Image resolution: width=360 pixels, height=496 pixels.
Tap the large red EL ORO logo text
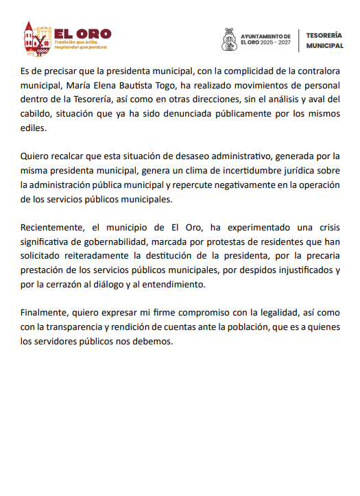(82, 33)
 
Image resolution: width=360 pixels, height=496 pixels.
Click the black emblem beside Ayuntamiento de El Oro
(229, 39)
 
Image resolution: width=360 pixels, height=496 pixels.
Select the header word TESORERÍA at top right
(324, 33)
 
